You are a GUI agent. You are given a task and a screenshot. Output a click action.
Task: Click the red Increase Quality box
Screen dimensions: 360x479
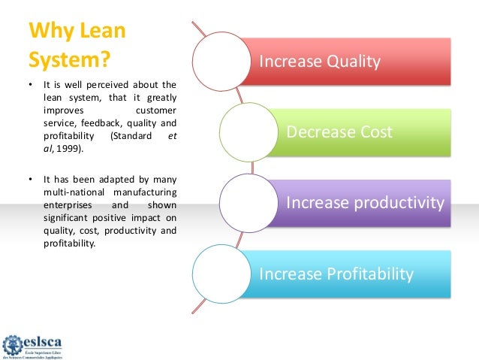tap(353, 61)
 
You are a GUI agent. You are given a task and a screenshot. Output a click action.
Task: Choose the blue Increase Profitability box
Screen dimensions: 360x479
tap(353, 274)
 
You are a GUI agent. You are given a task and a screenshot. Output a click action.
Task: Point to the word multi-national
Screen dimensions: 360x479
tap(72, 192)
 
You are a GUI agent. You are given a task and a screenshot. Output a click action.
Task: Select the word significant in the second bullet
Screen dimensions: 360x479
tap(66, 216)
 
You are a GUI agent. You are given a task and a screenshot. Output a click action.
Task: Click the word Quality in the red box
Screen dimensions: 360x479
tap(354, 61)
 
